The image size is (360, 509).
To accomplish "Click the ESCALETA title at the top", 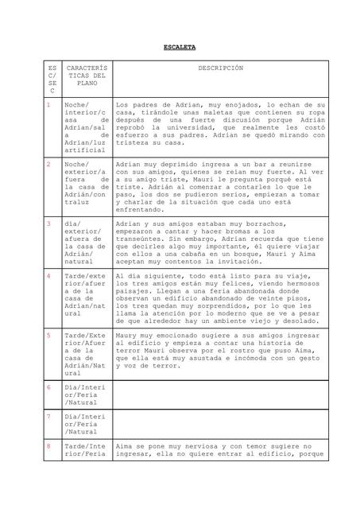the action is point(179,48).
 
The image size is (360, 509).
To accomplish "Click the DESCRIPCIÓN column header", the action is point(220,69).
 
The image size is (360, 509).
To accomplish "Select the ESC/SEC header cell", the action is point(52,81).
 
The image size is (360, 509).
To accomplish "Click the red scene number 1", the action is point(48,104).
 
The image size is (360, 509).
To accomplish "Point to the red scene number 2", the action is point(48,163).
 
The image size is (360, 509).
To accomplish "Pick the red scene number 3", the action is point(48,223).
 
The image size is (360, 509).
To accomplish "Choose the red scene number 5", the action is point(48,335).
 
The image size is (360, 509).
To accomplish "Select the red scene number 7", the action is point(48,416).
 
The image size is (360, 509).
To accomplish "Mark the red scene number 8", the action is point(48,446).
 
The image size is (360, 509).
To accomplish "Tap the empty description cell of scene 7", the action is point(220,425).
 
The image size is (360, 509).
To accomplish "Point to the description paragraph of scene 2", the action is point(220,187).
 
